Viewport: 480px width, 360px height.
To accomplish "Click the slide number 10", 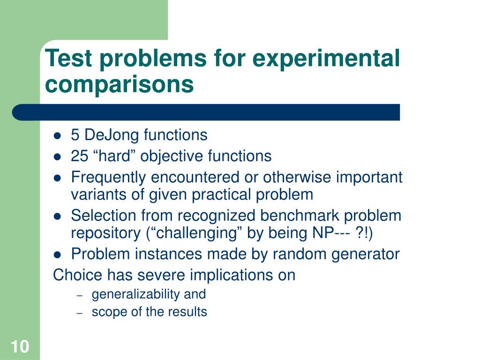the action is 20,346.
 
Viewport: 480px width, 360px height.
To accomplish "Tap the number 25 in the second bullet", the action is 79,156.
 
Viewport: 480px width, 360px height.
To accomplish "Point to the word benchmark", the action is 300,215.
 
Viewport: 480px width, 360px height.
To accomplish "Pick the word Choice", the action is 77,275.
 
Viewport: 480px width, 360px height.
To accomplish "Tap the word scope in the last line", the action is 109,312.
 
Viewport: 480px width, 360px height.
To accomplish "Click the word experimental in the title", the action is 326,59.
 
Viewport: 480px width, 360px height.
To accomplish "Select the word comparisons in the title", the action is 120,85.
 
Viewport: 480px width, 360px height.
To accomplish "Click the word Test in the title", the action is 68,58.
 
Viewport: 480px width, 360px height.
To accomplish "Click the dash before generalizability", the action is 80,295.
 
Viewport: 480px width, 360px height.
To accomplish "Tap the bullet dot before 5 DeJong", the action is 57,136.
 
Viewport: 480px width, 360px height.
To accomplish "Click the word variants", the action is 98,195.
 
